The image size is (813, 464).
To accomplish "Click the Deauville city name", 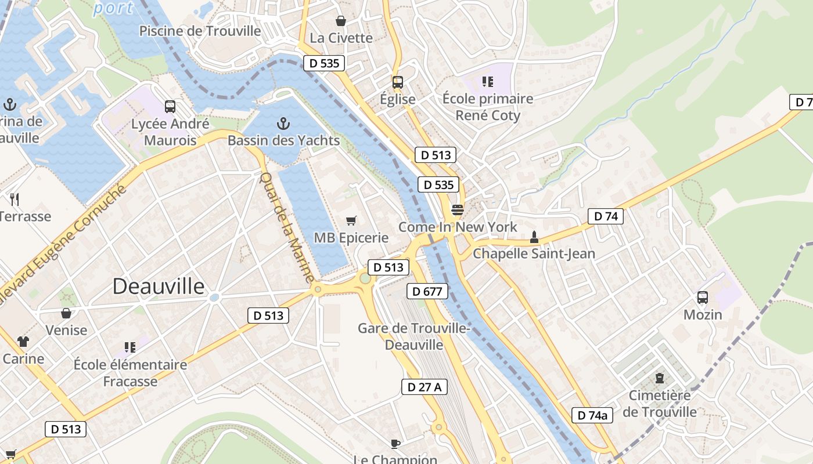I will pyautogui.click(x=159, y=287).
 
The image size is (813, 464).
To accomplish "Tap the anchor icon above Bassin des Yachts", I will pyautogui.click(x=283, y=123).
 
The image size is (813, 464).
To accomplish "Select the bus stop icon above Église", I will pyautogui.click(x=397, y=82).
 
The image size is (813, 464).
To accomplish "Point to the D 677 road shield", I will pyautogui.click(x=427, y=291).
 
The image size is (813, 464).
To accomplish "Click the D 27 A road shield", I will pyautogui.click(x=425, y=387).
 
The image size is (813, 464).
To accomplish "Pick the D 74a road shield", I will pyautogui.click(x=592, y=415).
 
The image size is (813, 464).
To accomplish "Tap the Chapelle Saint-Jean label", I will pyautogui.click(x=534, y=253).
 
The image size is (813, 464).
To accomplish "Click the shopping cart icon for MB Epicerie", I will pyautogui.click(x=351, y=220).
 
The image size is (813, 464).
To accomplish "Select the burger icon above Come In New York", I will pyautogui.click(x=458, y=209).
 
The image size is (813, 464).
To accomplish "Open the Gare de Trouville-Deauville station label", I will pyautogui.click(x=413, y=336).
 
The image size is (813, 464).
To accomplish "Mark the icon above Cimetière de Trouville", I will pyautogui.click(x=659, y=378).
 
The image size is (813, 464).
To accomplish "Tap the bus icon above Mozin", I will pyautogui.click(x=703, y=298).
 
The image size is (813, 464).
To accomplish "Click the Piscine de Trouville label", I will pyautogui.click(x=200, y=31).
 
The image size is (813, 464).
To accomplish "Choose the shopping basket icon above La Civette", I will pyautogui.click(x=341, y=21).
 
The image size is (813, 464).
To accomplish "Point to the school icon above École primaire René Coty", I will pyautogui.click(x=487, y=82).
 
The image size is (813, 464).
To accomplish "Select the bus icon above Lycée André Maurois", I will pyautogui.click(x=170, y=107).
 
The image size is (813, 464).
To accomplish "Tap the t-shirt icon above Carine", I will pyautogui.click(x=23, y=342).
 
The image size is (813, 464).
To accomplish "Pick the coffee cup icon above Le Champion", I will pyautogui.click(x=395, y=444).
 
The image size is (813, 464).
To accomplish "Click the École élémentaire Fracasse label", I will pyautogui.click(x=130, y=372).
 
